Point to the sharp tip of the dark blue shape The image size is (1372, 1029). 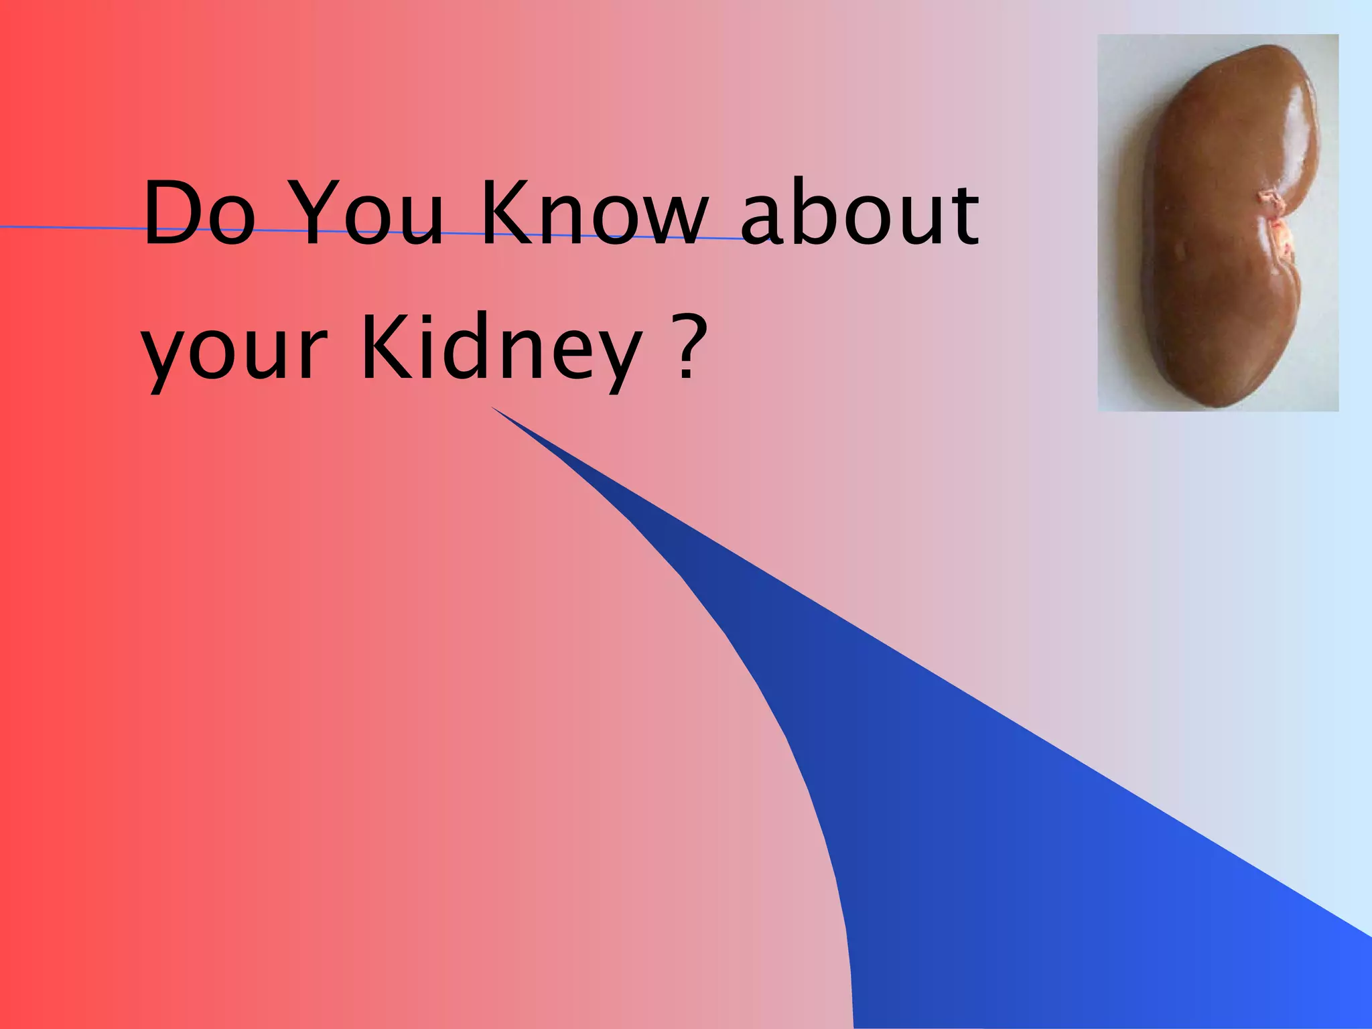click(x=494, y=407)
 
